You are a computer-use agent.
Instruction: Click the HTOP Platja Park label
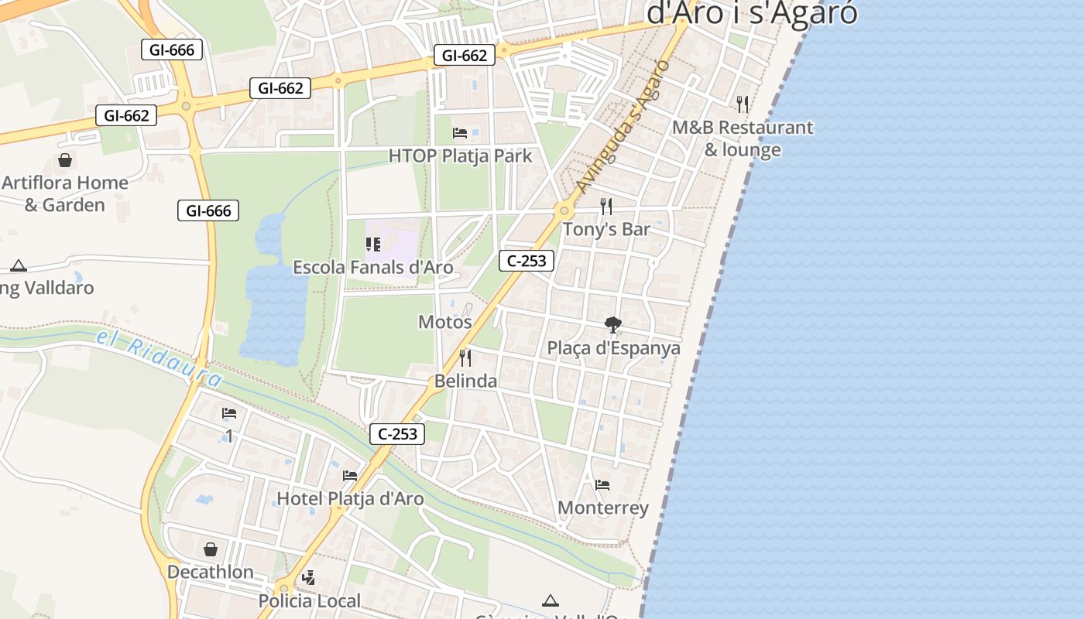pyautogui.click(x=460, y=156)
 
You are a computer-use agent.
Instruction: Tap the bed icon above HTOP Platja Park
pyautogui.click(x=460, y=133)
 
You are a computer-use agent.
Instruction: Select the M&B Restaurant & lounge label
pyautogui.click(x=742, y=139)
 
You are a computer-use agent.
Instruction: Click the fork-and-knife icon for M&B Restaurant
pyautogui.click(x=742, y=104)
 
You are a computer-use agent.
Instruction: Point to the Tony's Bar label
pyautogui.click(x=606, y=229)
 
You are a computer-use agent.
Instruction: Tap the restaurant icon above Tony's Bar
pyautogui.click(x=606, y=207)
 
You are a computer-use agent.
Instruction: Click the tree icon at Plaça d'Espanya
pyautogui.click(x=613, y=325)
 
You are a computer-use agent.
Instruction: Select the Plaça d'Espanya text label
pyautogui.click(x=613, y=348)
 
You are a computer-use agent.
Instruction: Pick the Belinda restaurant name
pyautogui.click(x=465, y=381)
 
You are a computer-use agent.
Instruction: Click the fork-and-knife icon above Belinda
pyautogui.click(x=465, y=357)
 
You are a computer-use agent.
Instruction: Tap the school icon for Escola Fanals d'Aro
pyautogui.click(x=373, y=245)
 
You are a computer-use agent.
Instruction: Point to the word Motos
pyautogui.click(x=445, y=322)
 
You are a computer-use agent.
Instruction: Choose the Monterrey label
pyautogui.click(x=603, y=508)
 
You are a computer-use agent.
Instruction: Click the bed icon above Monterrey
pyautogui.click(x=602, y=485)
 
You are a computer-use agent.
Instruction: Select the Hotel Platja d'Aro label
pyautogui.click(x=350, y=498)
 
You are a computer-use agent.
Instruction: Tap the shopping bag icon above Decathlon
pyautogui.click(x=211, y=549)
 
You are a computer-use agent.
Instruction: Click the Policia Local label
pyautogui.click(x=309, y=600)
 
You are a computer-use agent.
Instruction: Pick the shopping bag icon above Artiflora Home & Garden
pyautogui.click(x=65, y=160)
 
